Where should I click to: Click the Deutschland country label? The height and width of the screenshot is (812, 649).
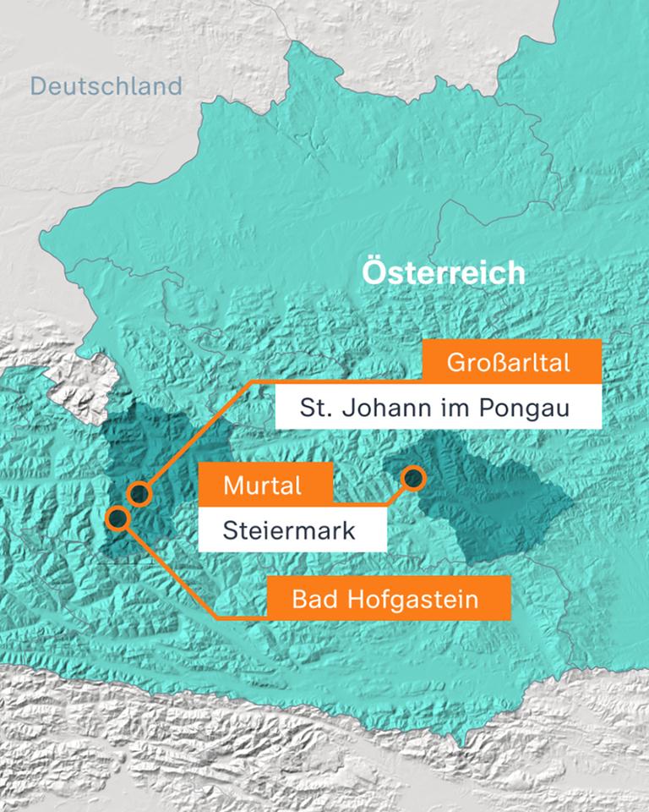106,86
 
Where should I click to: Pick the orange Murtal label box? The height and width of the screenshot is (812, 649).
263,486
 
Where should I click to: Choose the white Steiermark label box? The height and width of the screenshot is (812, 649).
291,531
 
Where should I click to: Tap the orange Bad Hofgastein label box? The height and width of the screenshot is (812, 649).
389,600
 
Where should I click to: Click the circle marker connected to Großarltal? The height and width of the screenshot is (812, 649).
139,493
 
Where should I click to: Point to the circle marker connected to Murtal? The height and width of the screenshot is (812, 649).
412,478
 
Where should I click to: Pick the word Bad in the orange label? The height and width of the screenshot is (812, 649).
312,600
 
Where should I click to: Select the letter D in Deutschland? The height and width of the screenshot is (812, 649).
38,86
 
